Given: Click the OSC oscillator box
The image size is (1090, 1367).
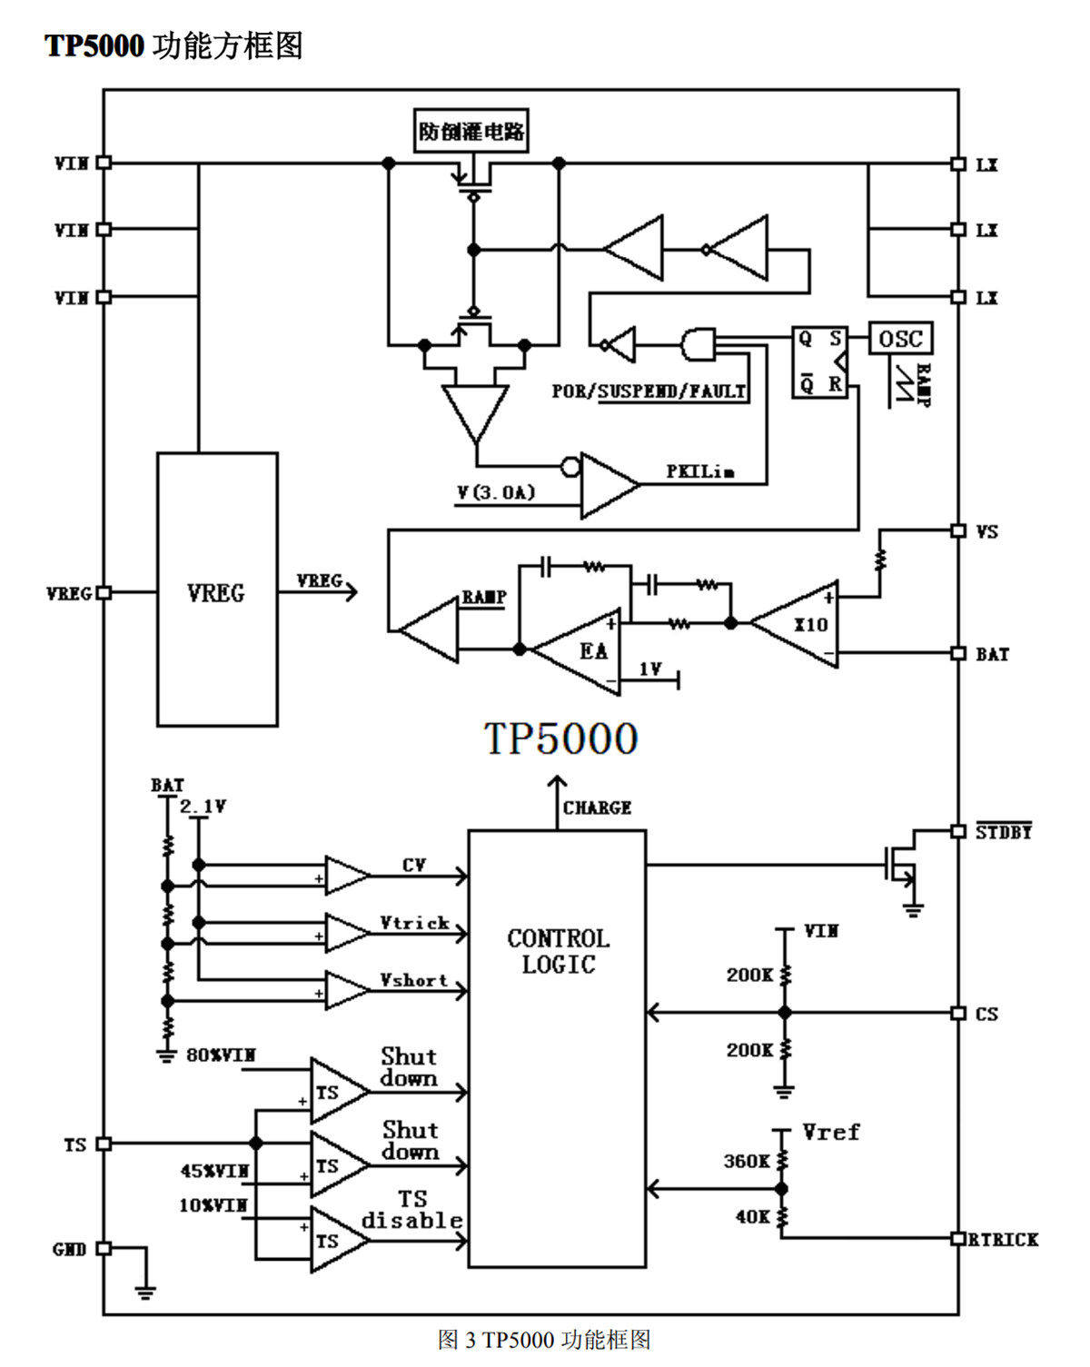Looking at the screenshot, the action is tap(900, 338).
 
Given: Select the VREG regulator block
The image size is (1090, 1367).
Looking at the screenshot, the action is tap(217, 589).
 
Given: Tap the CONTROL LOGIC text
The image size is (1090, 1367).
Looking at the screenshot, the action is tap(559, 951).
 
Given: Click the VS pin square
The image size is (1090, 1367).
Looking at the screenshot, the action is tap(958, 530).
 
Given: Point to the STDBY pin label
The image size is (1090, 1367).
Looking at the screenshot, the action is tap(1004, 831).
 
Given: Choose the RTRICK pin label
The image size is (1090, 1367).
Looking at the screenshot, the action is tap(1003, 1238).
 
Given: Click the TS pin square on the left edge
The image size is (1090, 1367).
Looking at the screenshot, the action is tap(104, 1144).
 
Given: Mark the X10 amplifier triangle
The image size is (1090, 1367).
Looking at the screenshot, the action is tap(795, 623).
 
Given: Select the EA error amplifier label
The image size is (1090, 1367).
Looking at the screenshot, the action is tap(593, 650).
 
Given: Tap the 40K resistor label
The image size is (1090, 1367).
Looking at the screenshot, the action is tap(753, 1216).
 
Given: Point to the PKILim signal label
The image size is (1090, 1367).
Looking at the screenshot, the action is tap(700, 471).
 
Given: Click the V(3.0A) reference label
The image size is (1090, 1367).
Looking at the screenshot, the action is tap(496, 492).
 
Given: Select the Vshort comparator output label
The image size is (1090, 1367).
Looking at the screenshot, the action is tap(414, 979).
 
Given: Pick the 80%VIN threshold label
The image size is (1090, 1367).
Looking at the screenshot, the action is tap(221, 1055).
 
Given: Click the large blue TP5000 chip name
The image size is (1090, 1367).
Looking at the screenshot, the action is tap(560, 738).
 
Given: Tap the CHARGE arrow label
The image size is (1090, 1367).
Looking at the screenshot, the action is tap(597, 807).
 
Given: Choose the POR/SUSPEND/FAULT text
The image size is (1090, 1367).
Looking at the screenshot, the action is tap(649, 391).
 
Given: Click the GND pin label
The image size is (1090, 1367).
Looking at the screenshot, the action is tap(70, 1249).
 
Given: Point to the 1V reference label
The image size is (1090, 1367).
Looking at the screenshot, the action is tap(650, 669).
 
